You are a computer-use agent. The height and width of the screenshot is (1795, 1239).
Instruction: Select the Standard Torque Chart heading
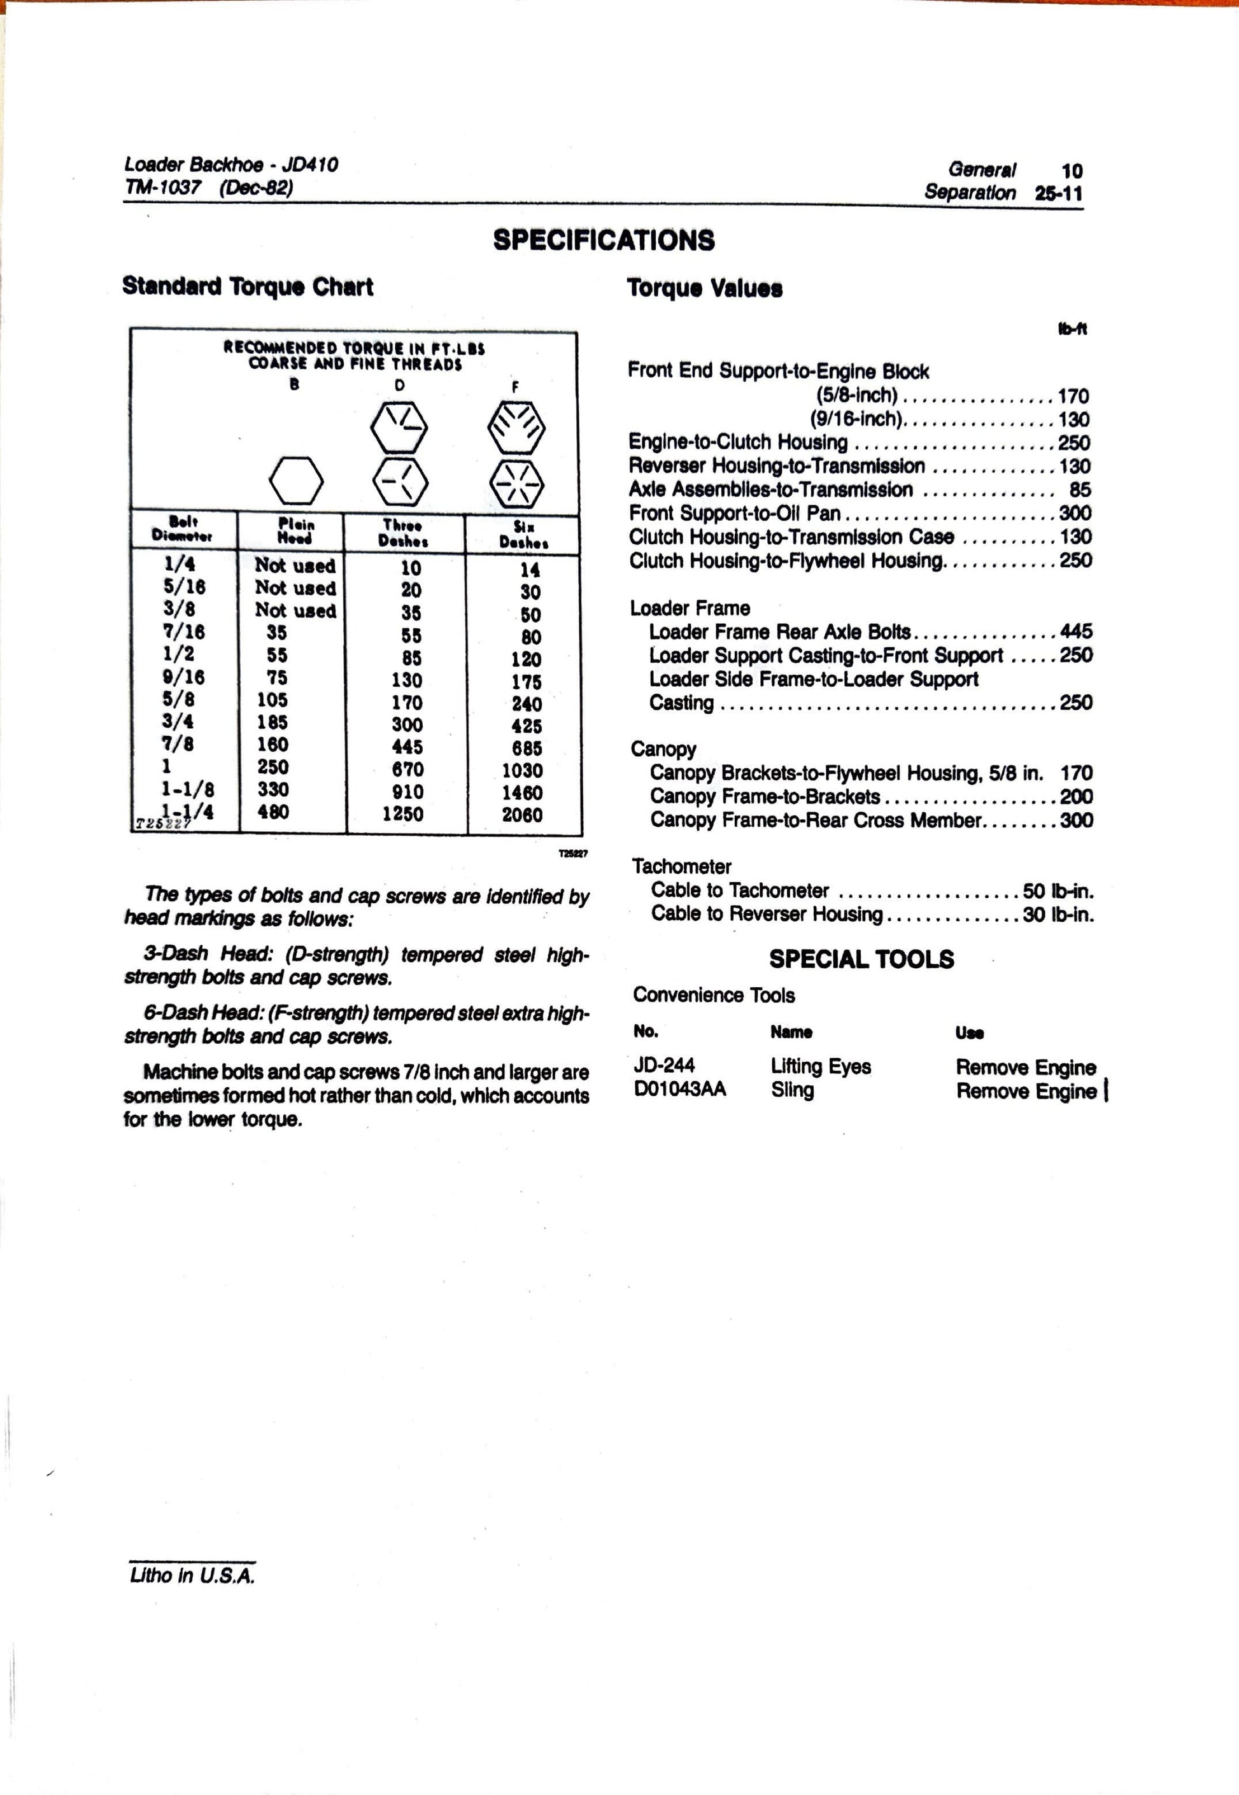click(248, 286)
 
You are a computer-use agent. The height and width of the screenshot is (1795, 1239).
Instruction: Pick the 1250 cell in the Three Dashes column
click(402, 814)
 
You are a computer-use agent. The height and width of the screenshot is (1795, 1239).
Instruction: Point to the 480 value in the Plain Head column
click(273, 812)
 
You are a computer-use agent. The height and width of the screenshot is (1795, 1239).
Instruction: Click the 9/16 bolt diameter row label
click(183, 677)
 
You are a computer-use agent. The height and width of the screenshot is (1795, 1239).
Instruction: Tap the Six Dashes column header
click(523, 535)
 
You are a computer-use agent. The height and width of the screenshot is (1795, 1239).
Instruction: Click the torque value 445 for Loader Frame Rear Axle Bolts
click(1076, 631)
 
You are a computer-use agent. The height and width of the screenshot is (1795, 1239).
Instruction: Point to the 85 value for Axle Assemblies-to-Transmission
click(1080, 489)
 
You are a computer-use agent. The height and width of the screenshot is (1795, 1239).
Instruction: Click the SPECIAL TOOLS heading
click(861, 959)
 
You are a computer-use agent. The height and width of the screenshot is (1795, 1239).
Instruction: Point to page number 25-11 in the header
click(1058, 194)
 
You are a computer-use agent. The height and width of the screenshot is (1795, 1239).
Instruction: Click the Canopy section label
click(663, 749)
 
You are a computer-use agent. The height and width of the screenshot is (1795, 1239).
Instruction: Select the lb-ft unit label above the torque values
click(1072, 329)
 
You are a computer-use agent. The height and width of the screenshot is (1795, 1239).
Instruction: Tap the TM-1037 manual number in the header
click(162, 187)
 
